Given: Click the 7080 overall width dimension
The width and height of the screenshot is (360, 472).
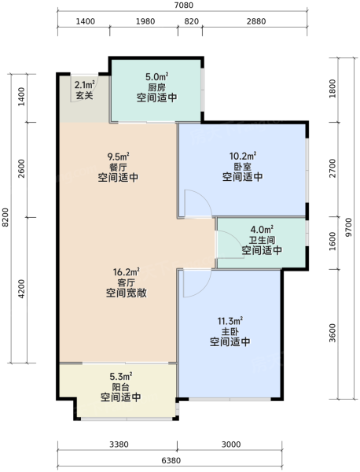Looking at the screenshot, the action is (x=183, y=6).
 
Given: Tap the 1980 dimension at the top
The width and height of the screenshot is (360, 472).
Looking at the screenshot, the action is (x=145, y=21).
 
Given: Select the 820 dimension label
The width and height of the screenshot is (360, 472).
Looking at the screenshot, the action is (x=191, y=21).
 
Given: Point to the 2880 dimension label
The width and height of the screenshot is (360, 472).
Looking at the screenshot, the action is (x=256, y=21).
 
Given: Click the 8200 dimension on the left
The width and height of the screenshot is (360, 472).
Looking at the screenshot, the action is (x=6, y=218).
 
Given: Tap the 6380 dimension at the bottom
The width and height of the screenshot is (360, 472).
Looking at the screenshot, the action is (x=171, y=460).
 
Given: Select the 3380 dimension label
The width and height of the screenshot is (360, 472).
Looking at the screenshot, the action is (x=119, y=444).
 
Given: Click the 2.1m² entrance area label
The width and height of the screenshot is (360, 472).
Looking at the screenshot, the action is (x=85, y=85).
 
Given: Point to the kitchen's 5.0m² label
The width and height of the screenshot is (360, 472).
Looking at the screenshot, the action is (x=156, y=77).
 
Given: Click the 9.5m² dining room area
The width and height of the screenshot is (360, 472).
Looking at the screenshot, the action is (x=118, y=157).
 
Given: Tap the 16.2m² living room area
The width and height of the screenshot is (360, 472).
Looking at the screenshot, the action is (x=126, y=272).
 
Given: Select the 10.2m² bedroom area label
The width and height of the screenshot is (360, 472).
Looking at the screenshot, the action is (x=243, y=156).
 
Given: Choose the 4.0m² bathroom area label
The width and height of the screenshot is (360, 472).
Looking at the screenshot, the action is (x=262, y=230).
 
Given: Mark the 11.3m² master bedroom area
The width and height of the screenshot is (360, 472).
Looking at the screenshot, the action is (x=230, y=321).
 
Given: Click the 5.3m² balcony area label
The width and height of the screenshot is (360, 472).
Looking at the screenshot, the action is (x=121, y=376).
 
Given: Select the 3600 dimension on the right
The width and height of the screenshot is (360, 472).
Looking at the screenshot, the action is (x=332, y=333).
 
